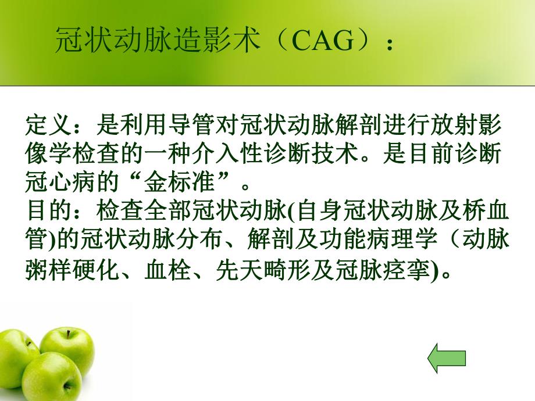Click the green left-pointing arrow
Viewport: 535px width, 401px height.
(x=447, y=359)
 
